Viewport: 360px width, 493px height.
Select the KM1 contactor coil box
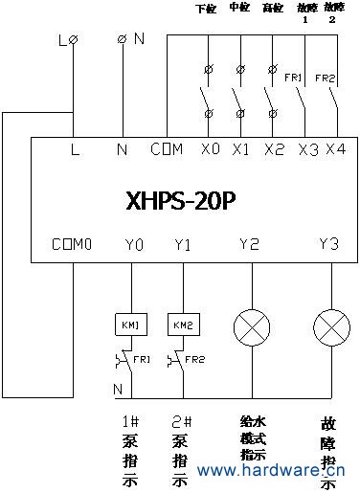point(130,325)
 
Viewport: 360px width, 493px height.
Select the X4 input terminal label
point(335,149)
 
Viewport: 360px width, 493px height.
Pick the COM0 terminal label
point(73,245)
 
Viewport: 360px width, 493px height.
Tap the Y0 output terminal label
point(134,245)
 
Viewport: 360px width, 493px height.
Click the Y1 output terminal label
point(184,245)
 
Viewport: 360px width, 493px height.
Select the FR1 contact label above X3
point(294,77)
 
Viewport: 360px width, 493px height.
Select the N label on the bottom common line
point(118,390)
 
